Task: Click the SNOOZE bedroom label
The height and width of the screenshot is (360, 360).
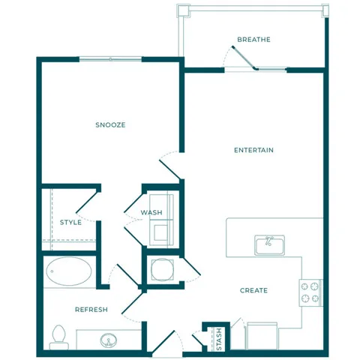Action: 110,124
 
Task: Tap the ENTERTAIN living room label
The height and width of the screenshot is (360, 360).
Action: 253,150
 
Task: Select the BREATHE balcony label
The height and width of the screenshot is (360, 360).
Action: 253,40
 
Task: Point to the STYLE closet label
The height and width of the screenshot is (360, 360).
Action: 70,222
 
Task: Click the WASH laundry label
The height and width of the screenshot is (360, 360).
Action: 151,213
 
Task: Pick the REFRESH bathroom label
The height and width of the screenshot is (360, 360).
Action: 91,309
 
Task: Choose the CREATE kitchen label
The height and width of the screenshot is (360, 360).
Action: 253,290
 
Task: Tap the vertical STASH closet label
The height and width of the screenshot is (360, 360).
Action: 219,338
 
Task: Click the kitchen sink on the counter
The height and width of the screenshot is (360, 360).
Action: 268,244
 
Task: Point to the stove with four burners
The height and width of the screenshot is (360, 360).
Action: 310,292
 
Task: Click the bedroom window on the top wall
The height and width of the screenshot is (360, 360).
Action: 110,59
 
